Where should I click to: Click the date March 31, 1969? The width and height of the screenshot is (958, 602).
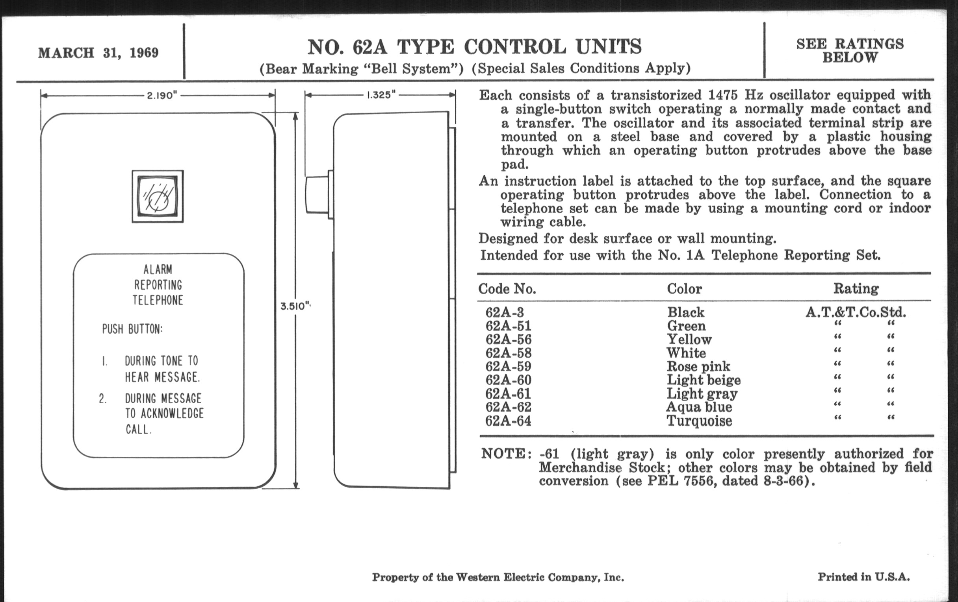pos(98,53)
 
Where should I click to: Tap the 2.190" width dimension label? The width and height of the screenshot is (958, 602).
pos(162,96)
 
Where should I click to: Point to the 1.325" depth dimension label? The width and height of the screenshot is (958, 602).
pos(381,95)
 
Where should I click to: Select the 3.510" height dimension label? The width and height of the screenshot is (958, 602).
pos(295,307)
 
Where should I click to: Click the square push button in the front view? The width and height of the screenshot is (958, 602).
pos(158,196)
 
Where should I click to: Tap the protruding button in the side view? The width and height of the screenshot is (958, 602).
pos(317,195)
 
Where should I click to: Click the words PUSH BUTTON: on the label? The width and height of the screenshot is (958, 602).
pos(132,329)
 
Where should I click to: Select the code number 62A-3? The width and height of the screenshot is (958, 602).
pos(505,312)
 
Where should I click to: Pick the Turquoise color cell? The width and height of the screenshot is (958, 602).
pos(699,421)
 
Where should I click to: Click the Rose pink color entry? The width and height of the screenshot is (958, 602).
pos(698,366)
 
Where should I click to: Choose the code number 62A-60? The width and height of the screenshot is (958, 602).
pos(508,380)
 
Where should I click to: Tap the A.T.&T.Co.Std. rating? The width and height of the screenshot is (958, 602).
pos(856,312)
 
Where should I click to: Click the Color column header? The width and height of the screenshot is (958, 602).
pos(684,288)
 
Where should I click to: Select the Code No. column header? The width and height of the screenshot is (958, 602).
pos(507,289)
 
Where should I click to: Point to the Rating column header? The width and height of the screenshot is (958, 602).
pos(856,288)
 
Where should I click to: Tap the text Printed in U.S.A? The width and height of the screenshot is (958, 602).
pos(863,577)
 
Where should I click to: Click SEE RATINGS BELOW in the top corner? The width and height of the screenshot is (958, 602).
pos(850,50)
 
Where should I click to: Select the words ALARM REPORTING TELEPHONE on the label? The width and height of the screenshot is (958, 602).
pos(158,285)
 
